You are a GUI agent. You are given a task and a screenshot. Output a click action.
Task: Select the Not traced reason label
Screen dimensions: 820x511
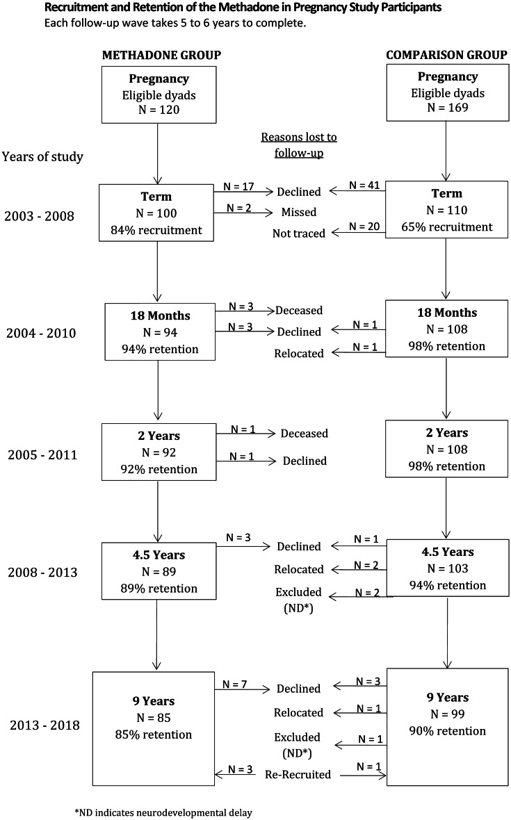coord(299,233)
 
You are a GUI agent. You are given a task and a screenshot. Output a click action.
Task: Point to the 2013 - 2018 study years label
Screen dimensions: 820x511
coord(44,725)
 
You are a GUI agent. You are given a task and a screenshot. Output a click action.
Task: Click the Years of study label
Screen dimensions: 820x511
coord(43,156)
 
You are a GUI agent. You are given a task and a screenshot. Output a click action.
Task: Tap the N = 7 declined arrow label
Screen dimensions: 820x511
coord(236,684)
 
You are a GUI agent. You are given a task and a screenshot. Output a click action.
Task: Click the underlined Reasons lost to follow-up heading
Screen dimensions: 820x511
coord(299,144)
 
